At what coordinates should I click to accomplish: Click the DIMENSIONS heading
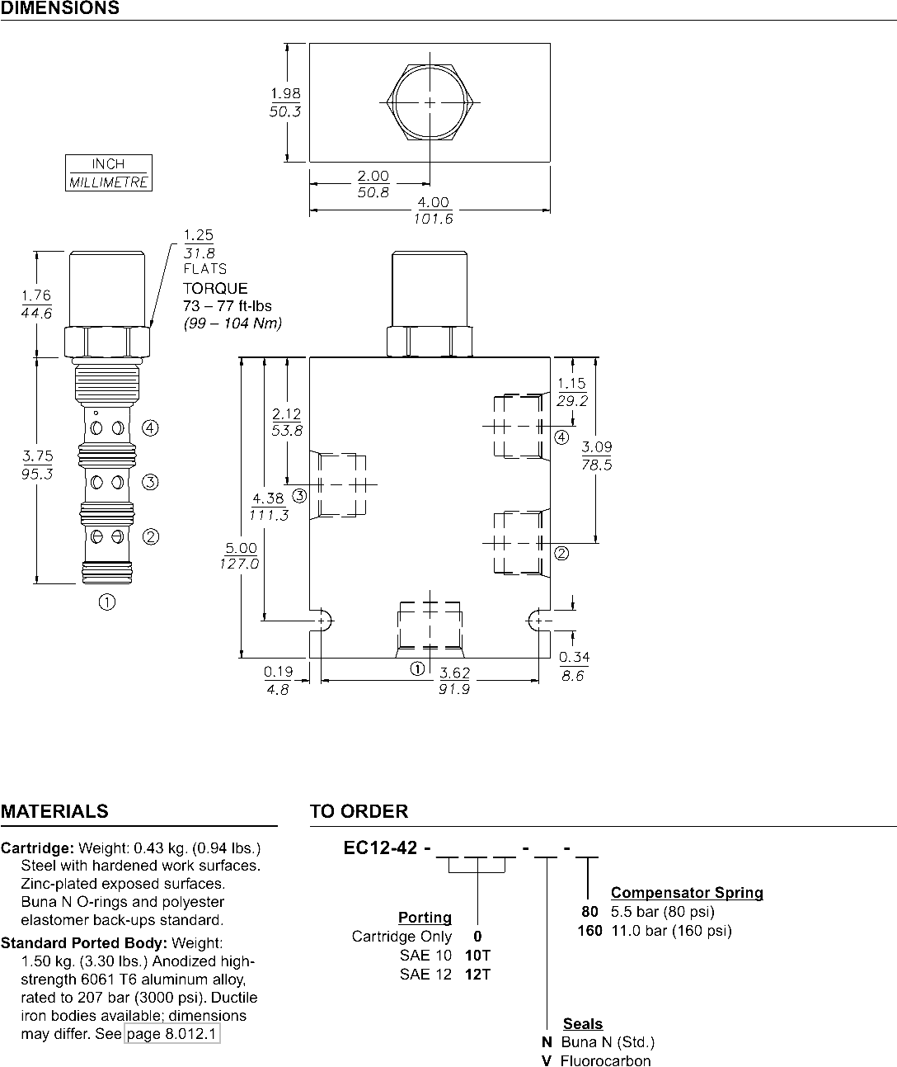coord(59,7)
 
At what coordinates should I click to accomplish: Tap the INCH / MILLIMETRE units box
coord(109,172)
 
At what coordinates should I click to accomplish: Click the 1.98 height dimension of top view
coord(285,93)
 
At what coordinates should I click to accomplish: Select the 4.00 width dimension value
coord(433,202)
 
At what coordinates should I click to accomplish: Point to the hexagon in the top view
coord(387,102)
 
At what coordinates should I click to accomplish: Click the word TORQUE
coord(215,288)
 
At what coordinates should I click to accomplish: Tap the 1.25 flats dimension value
coord(199,235)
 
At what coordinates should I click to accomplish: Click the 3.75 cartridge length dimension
coord(37,456)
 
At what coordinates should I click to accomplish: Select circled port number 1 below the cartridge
coord(106,602)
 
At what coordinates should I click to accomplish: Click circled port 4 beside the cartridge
coord(150,427)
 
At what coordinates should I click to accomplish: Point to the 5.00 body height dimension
coord(242,548)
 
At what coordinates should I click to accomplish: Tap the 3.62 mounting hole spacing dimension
coord(454,673)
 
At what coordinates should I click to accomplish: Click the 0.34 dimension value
coord(574,657)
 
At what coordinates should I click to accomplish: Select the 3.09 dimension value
coord(597,447)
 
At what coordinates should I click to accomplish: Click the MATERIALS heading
coord(54,811)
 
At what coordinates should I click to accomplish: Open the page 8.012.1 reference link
coord(172,1034)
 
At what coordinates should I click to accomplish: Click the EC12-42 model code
coord(380,847)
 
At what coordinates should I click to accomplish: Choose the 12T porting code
coord(478,975)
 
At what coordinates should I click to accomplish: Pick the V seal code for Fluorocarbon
coord(547,1060)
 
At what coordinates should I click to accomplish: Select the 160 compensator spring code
coord(590,931)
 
